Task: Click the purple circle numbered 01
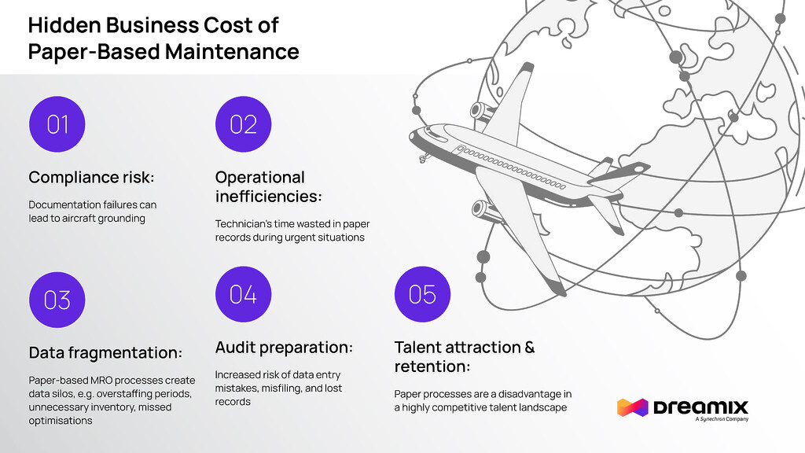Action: coord(57,124)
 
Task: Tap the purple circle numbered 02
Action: coord(243,124)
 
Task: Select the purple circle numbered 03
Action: coord(57,300)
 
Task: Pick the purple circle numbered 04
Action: coord(243,294)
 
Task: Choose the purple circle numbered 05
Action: coord(422,294)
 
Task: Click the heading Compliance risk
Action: coord(91,176)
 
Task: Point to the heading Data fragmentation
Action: coord(105,352)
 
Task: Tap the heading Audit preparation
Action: coord(284,347)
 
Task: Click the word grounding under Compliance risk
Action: coord(119,218)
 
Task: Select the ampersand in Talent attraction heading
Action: coord(528,347)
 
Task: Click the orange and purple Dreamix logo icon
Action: coord(631,407)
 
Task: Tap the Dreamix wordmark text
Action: coord(700,407)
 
